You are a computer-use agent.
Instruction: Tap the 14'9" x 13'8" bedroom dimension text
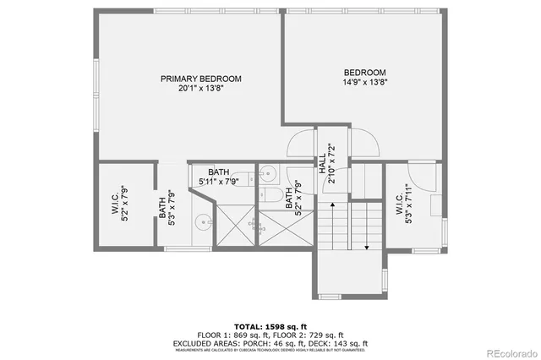pyautogui.click(x=364, y=83)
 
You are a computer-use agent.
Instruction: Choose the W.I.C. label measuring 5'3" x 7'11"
pyautogui.click(x=398, y=203)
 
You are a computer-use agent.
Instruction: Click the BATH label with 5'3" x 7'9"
pyautogui.click(x=162, y=208)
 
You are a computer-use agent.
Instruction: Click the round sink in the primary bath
pyautogui.click(x=203, y=223)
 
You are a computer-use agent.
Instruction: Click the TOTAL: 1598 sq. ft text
pyautogui.click(x=270, y=325)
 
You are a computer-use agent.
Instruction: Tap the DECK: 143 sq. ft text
pyautogui.click(x=339, y=343)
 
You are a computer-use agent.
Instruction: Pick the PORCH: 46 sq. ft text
pyautogui.click(x=274, y=343)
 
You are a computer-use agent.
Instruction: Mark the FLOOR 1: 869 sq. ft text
pyautogui.click(x=233, y=335)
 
